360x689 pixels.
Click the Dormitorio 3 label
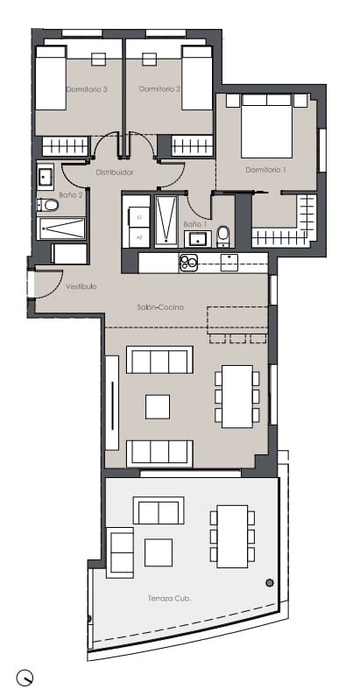click(86, 89)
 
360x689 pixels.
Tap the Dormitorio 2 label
click(159, 89)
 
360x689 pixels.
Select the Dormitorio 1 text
click(265, 169)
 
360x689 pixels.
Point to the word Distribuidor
click(115, 172)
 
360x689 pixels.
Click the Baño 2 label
click(71, 195)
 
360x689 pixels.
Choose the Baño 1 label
click(194, 225)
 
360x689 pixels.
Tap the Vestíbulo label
click(81, 286)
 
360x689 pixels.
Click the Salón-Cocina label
click(159, 307)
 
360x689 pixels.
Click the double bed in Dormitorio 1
click(266, 128)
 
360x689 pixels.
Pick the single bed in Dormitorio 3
click(51, 78)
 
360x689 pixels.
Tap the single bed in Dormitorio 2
click(198, 78)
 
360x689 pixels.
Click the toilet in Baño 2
click(49, 206)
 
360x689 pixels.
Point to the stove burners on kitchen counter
click(189, 262)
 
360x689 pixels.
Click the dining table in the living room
click(236, 396)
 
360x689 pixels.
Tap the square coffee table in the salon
click(158, 407)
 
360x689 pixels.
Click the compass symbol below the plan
click(25, 676)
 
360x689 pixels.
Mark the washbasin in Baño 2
click(46, 177)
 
